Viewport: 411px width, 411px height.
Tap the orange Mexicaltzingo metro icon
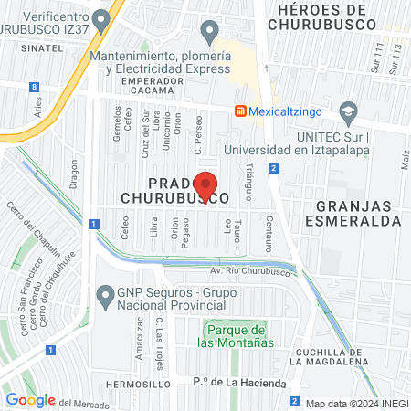pos(239,111)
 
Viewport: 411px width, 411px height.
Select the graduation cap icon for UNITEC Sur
pos(347,112)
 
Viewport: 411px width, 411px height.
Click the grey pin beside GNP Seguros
pos(106,294)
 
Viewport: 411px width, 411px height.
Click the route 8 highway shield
pos(34,87)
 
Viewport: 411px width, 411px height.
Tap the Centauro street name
pos(269,234)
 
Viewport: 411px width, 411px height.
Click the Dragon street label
pos(73,174)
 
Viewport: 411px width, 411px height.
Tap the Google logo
pos(30,399)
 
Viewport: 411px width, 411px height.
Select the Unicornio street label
pos(167,134)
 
